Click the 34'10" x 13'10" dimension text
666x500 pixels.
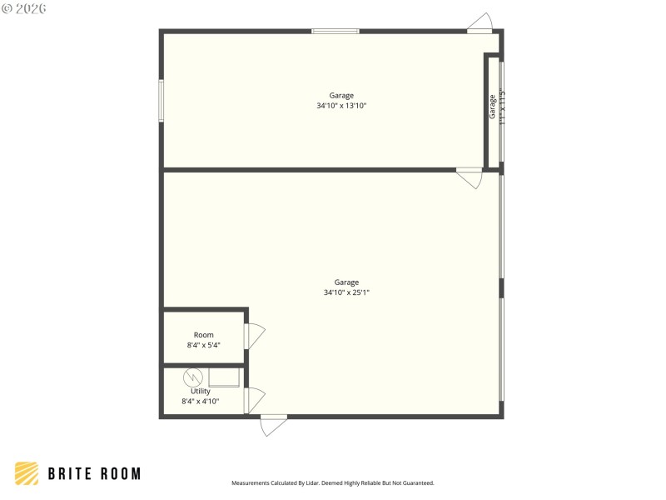tap(341, 106)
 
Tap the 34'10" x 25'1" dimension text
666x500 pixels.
tap(346, 292)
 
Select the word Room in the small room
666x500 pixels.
tap(203, 335)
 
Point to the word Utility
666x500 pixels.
tap(201, 391)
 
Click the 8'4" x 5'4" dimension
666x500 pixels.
tap(203, 345)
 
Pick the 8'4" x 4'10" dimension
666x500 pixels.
tap(201, 401)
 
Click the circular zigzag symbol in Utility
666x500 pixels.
tap(192, 377)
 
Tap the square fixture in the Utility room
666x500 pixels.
tap(224, 377)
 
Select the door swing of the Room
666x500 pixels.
tap(256, 336)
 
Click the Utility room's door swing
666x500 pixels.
tap(256, 400)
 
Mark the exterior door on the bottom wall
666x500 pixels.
tap(274, 424)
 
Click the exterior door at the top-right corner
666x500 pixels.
tap(480, 23)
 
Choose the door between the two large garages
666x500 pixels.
tap(470, 177)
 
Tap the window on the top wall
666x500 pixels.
tap(335, 31)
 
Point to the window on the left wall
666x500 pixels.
tap(162, 100)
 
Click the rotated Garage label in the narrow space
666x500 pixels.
tap(492, 107)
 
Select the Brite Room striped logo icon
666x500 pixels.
tap(27, 473)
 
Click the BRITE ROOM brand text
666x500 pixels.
tap(94, 474)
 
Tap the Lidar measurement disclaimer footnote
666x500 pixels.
tap(333, 483)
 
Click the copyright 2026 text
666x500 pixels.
tap(24, 8)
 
